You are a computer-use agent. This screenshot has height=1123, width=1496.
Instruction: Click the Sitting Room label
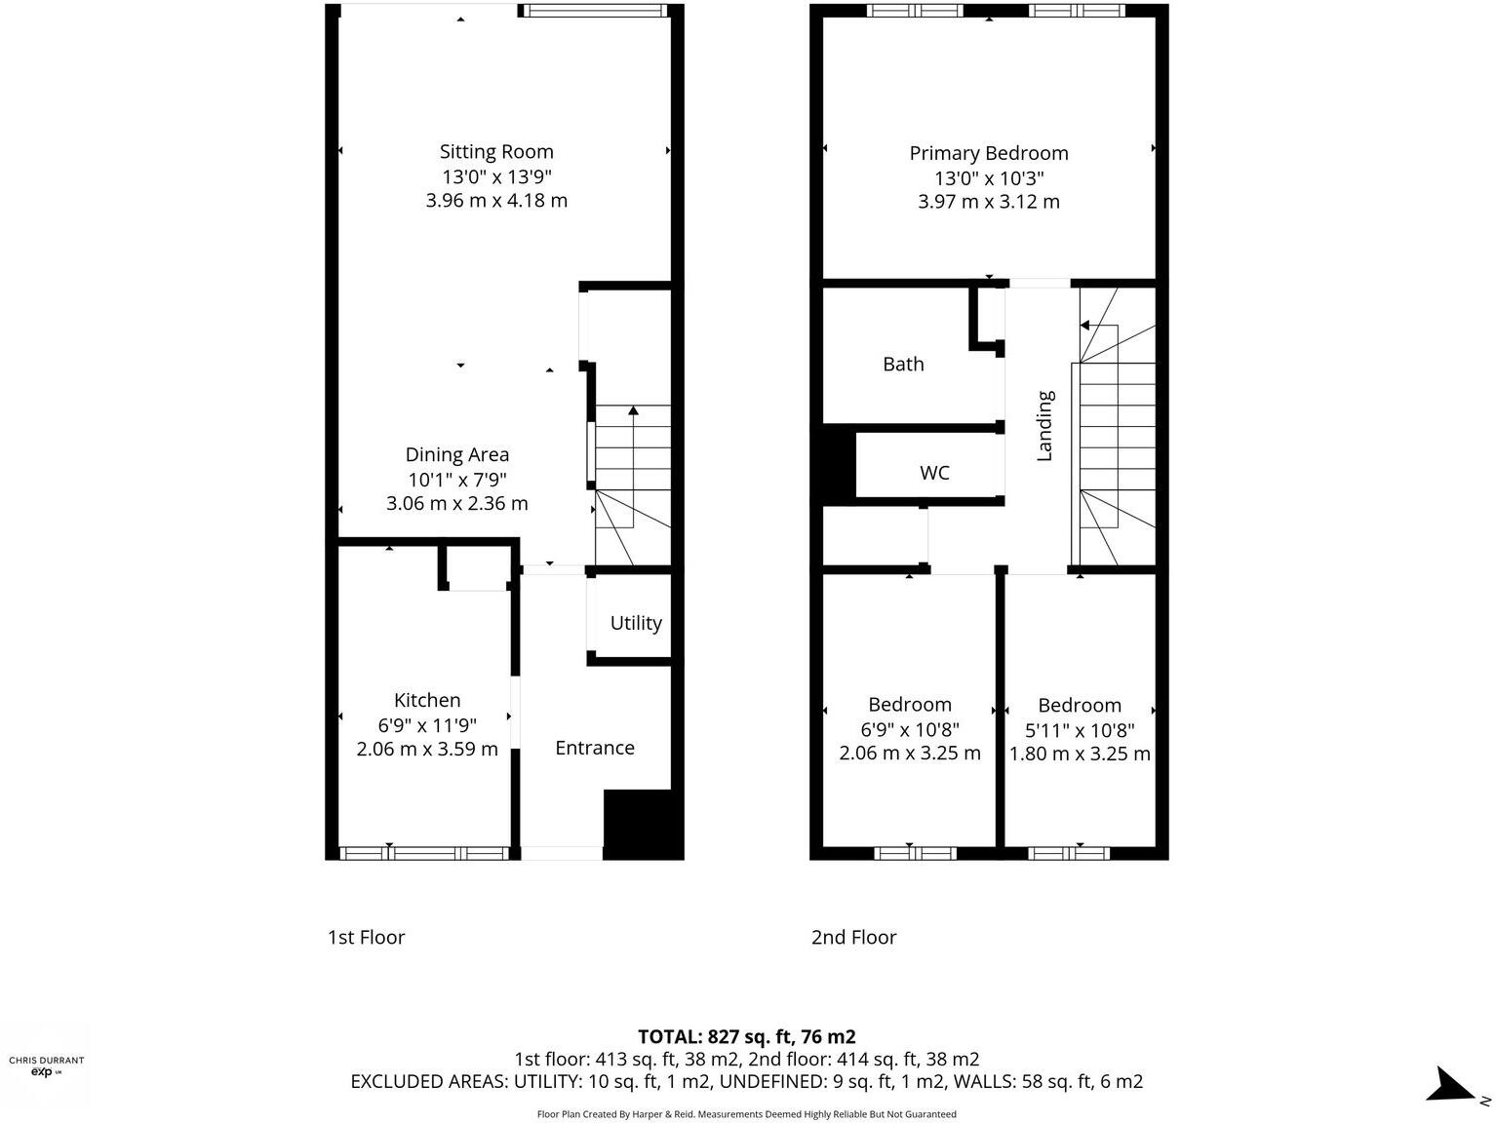(x=496, y=152)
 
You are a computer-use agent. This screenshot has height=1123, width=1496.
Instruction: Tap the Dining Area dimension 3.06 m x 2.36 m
(x=457, y=504)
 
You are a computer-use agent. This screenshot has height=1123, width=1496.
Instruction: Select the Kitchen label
(x=427, y=700)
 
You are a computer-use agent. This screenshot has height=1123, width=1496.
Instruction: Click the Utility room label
(x=636, y=623)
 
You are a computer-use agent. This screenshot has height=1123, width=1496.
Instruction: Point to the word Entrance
(x=595, y=748)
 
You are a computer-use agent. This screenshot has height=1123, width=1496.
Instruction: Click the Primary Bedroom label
(x=989, y=153)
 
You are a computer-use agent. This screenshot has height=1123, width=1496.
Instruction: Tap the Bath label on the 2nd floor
(x=903, y=364)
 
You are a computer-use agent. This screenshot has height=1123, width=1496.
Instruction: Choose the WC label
(x=934, y=473)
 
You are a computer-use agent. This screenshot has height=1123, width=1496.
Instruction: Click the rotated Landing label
(x=1044, y=426)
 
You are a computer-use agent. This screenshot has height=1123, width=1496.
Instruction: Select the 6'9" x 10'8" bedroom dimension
(x=910, y=730)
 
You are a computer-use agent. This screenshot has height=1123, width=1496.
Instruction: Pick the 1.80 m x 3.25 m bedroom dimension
(x=1080, y=754)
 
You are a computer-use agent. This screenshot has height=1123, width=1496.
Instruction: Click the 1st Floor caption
(x=366, y=938)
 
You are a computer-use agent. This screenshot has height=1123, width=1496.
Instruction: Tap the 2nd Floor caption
(x=853, y=938)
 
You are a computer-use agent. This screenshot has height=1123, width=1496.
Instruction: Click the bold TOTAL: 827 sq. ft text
(x=747, y=1036)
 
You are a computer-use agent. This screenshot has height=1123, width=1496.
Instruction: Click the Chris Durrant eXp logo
(x=46, y=1065)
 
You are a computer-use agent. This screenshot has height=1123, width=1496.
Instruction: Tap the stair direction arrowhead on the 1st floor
(x=633, y=410)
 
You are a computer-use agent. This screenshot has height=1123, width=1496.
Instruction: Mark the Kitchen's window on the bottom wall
(x=424, y=853)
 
